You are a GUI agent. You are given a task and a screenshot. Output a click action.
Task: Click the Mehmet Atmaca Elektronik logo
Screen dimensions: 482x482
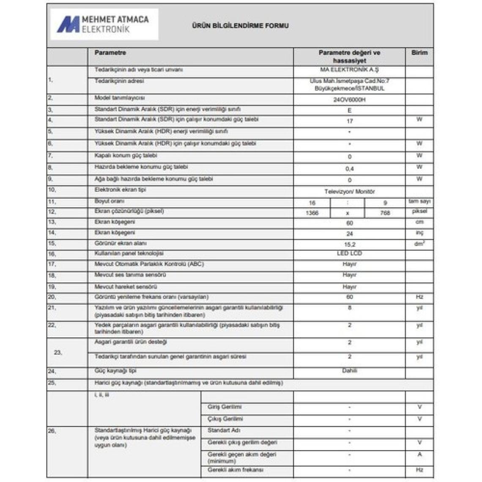click(104, 25)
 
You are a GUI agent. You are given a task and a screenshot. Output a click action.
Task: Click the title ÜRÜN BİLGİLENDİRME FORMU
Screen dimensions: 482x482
click(240, 26)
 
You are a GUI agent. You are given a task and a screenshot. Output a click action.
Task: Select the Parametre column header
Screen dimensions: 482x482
click(110, 53)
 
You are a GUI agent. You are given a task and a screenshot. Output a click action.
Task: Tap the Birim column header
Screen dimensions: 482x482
click(419, 53)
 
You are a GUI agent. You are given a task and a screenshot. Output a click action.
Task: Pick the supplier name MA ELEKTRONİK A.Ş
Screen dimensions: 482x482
click(349, 70)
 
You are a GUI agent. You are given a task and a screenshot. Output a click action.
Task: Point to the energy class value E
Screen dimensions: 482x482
click(349, 111)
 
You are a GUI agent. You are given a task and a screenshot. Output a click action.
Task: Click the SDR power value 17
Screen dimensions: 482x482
click(349, 121)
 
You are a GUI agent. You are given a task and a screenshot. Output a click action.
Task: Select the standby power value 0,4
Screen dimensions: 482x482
click(349, 169)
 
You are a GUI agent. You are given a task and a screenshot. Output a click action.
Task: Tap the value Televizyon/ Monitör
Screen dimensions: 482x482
click(349, 192)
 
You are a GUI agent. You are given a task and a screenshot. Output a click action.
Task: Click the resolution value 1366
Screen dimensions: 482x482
click(312, 213)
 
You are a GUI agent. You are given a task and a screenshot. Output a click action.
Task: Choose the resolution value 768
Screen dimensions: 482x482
click(385, 213)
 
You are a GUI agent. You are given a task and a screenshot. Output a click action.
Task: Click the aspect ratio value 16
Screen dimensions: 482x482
click(312, 203)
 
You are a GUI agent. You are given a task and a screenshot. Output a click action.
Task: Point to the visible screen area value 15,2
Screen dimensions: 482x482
click(350, 244)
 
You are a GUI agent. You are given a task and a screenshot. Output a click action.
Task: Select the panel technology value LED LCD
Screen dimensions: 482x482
click(349, 254)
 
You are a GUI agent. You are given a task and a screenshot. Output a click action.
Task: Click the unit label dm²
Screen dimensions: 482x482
click(419, 244)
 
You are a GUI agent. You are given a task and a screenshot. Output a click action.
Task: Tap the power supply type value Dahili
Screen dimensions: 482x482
click(349, 371)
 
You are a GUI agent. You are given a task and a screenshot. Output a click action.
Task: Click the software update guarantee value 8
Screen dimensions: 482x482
click(349, 308)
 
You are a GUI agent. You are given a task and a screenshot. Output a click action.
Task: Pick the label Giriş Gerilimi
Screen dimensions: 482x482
click(225, 407)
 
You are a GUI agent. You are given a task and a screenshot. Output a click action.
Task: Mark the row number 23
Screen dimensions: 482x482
click(58, 352)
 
